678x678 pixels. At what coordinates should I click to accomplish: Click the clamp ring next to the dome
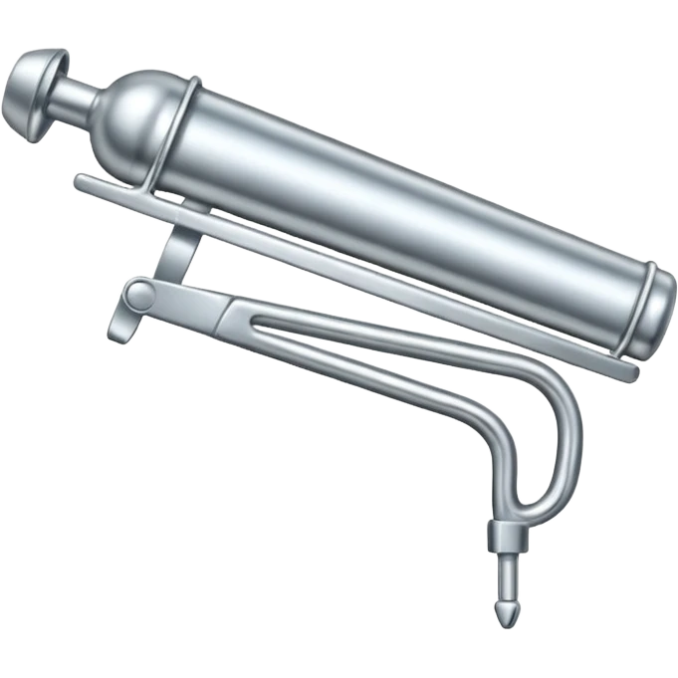180,129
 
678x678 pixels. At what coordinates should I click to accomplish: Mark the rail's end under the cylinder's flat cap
628,370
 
